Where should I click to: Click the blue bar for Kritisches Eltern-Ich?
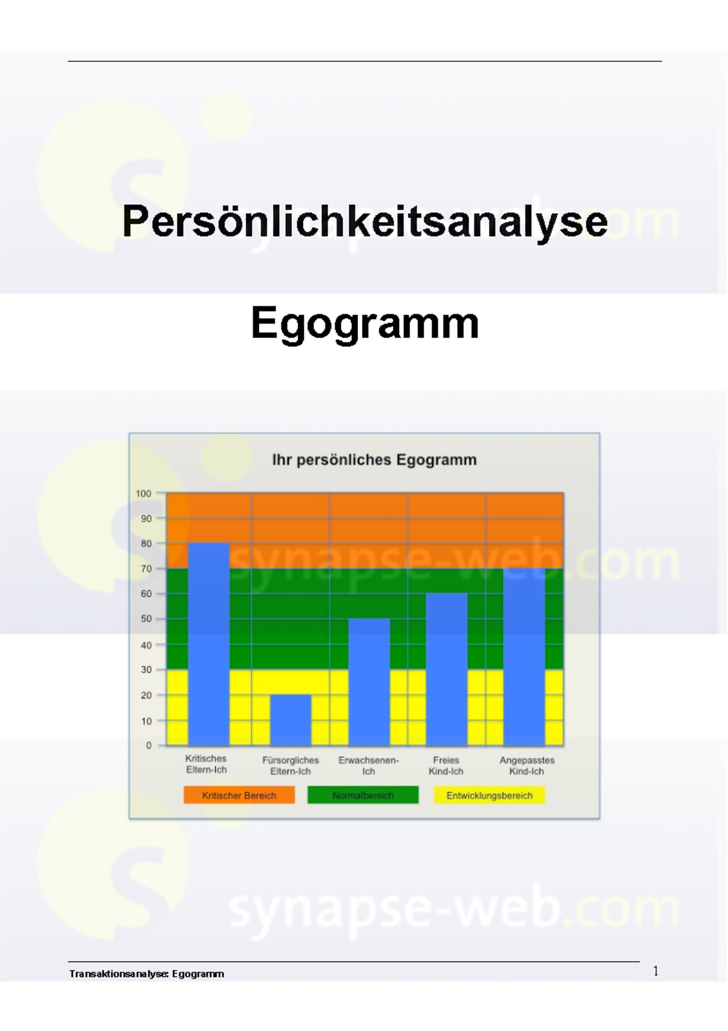coord(209,644)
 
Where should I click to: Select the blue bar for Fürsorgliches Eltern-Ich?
coord(291,720)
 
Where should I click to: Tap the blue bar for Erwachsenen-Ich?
coord(369,681)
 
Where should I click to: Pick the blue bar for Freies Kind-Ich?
coord(447,669)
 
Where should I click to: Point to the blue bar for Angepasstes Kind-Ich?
coord(524,657)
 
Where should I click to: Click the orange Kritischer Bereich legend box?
coord(239,795)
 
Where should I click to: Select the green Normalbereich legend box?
coord(363,795)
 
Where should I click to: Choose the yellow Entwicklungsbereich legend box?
coord(489,795)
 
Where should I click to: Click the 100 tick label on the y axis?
coord(143,494)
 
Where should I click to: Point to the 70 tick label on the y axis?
coord(146,569)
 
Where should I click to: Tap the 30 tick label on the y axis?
coord(146,670)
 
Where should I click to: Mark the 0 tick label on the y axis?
coord(149,746)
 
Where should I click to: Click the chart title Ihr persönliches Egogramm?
coord(374,460)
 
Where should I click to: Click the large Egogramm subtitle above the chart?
coord(365,323)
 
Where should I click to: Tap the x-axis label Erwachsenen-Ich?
coord(368,766)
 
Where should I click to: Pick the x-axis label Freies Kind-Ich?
coord(446,766)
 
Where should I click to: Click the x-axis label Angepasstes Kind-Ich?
coord(527,766)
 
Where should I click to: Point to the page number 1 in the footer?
coord(655,971)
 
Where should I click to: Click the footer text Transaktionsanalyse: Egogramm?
coord(147,974)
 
